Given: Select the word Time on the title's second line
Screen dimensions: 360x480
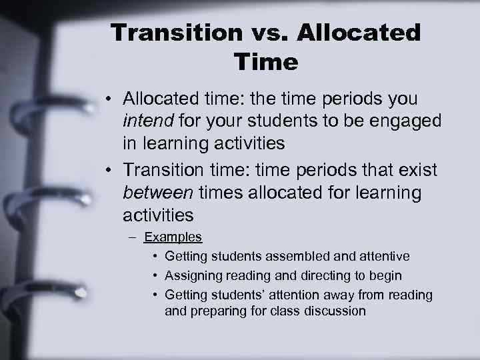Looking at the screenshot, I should (x=266, y=63).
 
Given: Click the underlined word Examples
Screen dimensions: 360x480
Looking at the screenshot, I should (x=173, y=237).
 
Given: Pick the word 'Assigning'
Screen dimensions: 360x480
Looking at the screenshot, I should (x=193, y=275).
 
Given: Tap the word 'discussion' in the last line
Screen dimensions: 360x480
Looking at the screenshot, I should (x=335, y=311).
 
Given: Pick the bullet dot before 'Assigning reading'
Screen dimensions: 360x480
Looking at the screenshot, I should (x=155, y=275).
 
